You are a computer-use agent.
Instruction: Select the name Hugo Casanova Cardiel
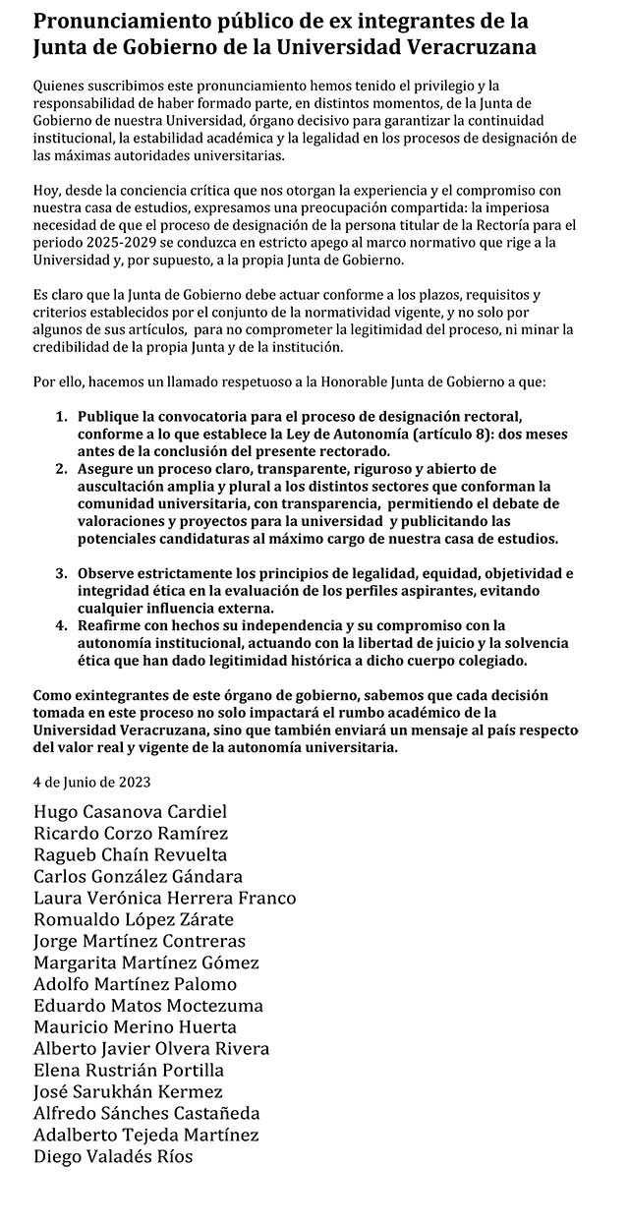tap(130, 812)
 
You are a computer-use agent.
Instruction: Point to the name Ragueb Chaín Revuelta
tap(130, 854)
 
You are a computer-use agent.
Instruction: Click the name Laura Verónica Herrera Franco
tap(164, 898)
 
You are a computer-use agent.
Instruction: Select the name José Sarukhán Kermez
tap(128, 1092)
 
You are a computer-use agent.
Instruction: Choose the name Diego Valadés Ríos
tap(113, 1157)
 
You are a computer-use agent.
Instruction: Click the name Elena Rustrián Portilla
tap(129, 1071)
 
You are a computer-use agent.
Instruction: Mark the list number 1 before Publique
tap(60, 416)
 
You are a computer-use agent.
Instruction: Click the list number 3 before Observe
tap(60, 573)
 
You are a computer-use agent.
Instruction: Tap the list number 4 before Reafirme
tap(60, 625)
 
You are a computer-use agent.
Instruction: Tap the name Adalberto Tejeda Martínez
tap(146, 1136)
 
